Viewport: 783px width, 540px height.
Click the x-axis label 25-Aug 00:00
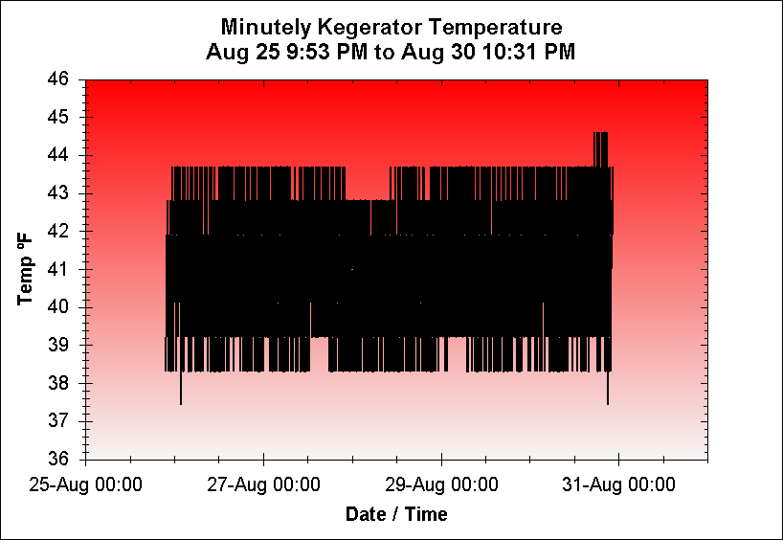[x=86, y=485]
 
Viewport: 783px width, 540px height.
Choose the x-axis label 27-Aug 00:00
[x=263, y=485]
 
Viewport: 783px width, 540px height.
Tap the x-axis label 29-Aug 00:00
[x=441, y=485]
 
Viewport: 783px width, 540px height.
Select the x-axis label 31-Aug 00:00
[x=618, y=485]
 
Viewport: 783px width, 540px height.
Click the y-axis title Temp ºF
[x=27, y=269]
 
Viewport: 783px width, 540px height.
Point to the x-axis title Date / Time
[x=396, y=514]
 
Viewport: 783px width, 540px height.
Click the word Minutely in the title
[x=260, y=26]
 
